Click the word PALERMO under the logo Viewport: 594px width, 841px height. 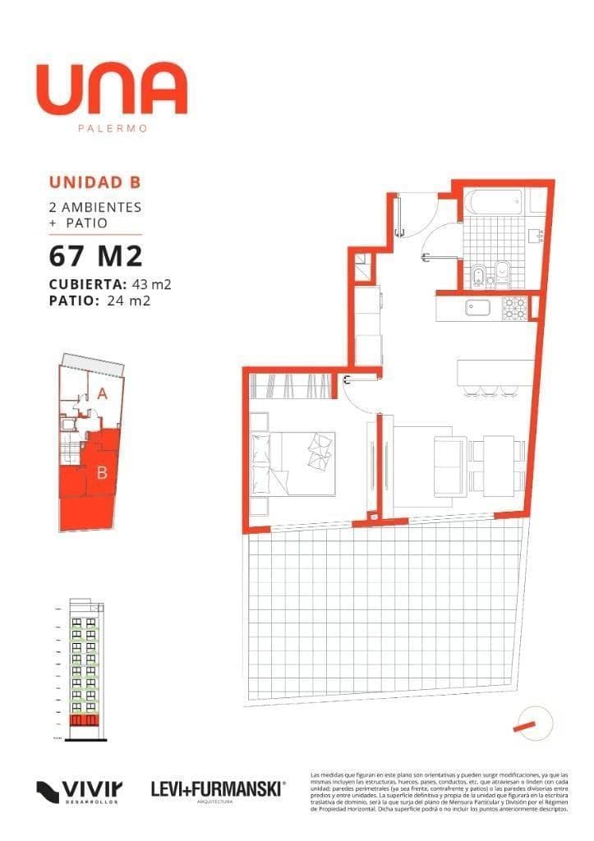pos(112,128)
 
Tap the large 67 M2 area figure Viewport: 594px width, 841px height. pos(96,256)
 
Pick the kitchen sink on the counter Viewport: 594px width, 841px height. pos(477,309)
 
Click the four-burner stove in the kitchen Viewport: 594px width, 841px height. pos(514,309)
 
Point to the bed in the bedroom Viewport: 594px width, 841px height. pos(296,464)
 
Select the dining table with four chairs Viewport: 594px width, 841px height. pos(498,464)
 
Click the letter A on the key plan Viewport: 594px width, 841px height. pos(102,393)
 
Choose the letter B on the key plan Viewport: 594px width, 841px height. pos(102,472)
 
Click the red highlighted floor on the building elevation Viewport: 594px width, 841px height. pos(85,720)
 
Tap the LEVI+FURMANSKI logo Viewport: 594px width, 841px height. pos(218,789)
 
